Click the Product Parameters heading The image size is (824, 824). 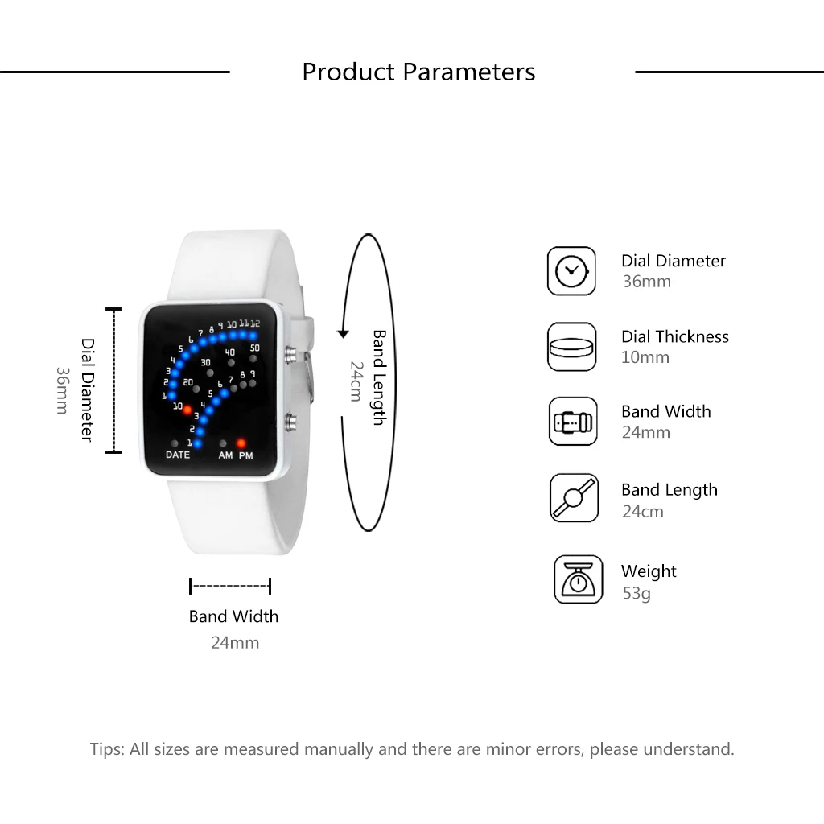(418, 72)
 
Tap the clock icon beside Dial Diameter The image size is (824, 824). (571, 270)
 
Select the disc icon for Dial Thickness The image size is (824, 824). (572, 347)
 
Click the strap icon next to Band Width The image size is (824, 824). (573, 421)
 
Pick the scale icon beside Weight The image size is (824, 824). (578, 579)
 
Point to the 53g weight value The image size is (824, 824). (636, 593)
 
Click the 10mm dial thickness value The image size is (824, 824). (645, 357)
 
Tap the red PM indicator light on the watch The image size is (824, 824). (241, 443)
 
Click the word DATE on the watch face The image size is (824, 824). (178, 455)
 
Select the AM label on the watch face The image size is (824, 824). (225, 455)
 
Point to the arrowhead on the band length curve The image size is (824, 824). (343, 333)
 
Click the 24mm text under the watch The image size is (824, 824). (235, 642)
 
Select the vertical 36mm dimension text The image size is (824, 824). (62, 390)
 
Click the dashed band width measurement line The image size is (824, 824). (230, 586)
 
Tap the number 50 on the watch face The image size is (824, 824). (254, 348)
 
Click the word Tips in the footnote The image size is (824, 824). (106, 749)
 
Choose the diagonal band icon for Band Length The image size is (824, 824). (574, 498)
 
